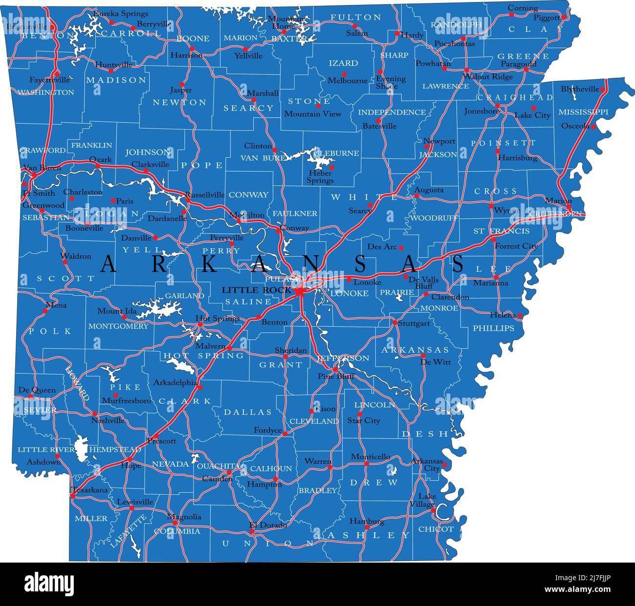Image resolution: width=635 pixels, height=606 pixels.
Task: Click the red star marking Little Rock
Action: [299, 292]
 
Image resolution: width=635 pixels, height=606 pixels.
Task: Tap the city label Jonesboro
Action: [482, 111]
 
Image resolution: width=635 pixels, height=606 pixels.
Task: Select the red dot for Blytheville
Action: [602, 89]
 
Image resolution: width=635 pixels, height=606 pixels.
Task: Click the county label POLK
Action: [50, 331]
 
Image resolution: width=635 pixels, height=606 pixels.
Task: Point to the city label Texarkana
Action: [89, 489]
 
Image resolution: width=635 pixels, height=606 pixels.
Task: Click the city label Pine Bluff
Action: [336, 376]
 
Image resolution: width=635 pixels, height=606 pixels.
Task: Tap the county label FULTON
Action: [356, 18]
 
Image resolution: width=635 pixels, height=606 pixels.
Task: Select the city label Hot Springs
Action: [217, 319]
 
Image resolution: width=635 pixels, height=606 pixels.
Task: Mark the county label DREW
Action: [374, 483]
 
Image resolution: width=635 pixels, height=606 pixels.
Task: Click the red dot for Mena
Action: [45, 310]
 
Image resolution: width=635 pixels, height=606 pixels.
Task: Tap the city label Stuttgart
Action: [414, 323]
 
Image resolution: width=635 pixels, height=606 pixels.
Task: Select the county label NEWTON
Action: [180, 102]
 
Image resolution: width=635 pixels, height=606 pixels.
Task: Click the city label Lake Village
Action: [423, 500]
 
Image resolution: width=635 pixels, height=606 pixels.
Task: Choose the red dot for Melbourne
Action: [344, 74]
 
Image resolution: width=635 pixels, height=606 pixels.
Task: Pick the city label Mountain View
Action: [313, 114]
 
